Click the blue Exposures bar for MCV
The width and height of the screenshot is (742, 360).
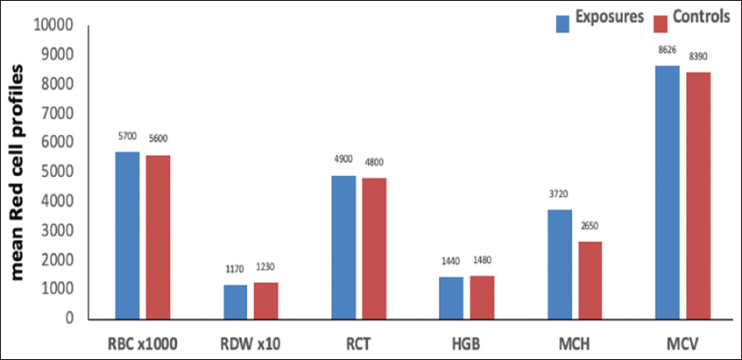(668, 193)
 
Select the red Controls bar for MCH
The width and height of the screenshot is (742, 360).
(590, 280)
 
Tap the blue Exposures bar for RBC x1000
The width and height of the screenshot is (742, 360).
(128, 236)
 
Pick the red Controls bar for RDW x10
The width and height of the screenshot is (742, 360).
(266, 300)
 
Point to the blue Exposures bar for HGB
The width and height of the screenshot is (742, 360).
(451, 298)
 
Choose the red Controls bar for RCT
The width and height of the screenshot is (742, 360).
(374, 249)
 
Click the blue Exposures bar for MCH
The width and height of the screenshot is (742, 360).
(559, 265)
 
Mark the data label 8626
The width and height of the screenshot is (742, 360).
(668, 49)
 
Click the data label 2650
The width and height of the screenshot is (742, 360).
(590, 225)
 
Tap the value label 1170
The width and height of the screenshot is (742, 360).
(235, 269)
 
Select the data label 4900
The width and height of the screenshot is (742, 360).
(343, 159)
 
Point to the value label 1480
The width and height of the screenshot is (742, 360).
(482, 259)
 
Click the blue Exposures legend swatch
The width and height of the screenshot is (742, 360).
(562, 24)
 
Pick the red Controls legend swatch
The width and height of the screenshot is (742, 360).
(660, 24)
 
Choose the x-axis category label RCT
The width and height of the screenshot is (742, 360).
(358, 344)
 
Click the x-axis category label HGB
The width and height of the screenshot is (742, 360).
(467, 344)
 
